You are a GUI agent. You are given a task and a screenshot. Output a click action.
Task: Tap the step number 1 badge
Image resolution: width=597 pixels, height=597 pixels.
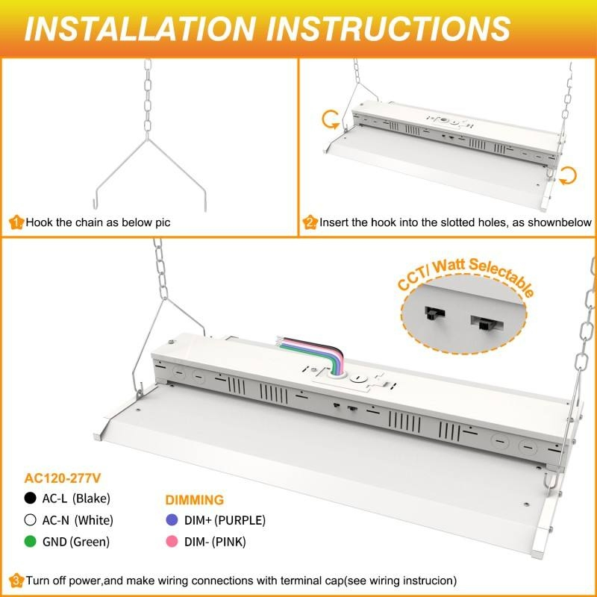16,222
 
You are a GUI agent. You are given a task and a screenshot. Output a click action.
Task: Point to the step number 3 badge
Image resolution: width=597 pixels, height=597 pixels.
16,580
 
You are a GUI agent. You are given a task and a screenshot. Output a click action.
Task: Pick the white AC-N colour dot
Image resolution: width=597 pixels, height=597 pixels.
30,519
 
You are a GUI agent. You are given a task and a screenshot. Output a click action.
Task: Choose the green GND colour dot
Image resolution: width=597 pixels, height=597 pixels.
30,541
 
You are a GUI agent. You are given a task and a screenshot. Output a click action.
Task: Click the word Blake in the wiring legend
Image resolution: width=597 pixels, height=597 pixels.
94,498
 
